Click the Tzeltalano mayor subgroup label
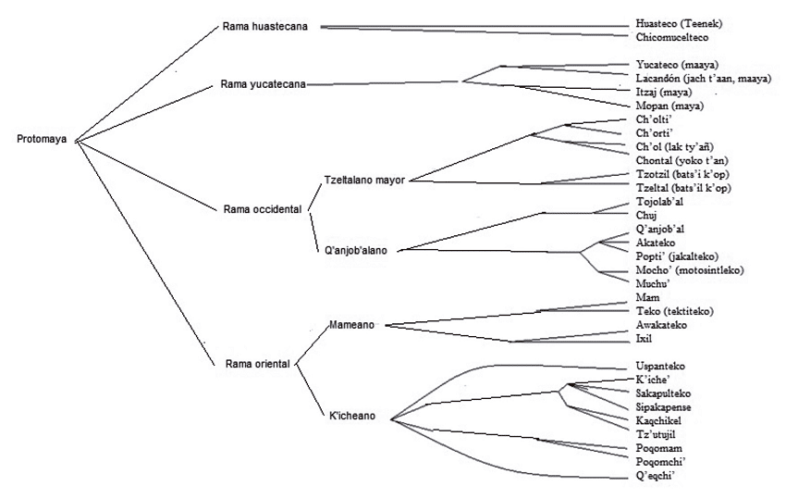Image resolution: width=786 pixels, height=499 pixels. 366,179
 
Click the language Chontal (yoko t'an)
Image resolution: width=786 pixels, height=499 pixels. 683,160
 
